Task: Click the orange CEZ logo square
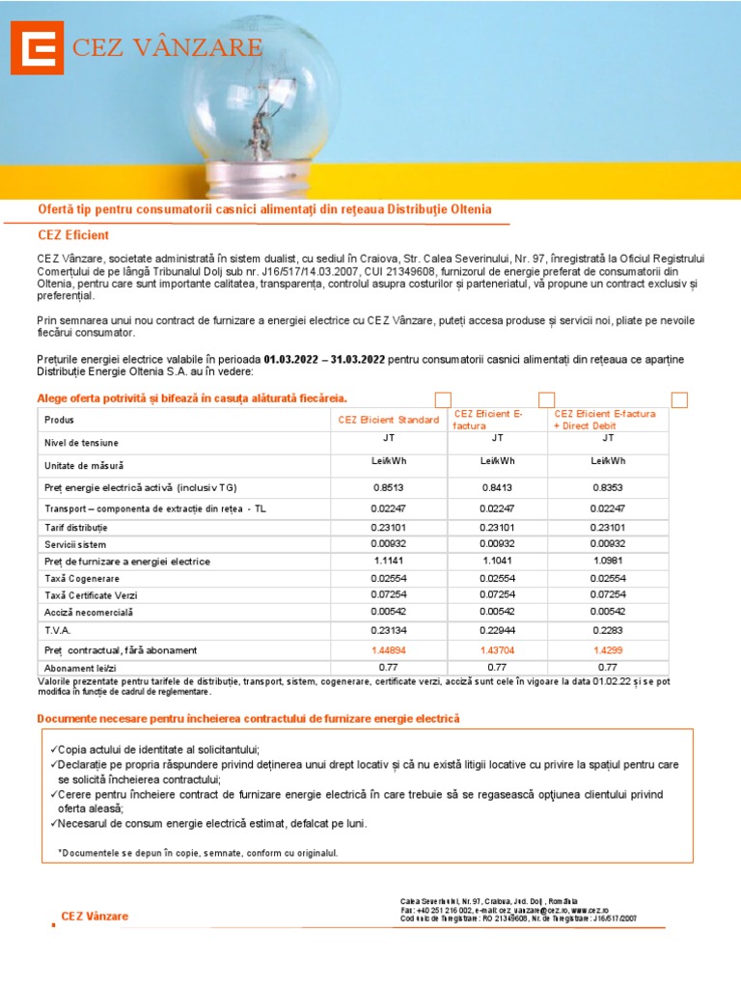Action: tap(37, 47)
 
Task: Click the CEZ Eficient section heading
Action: tap(73, 235)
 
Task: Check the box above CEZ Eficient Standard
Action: tap(443, 400)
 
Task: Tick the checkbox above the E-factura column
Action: tap(546, 400)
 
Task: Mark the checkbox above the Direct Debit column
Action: tap(679, 400)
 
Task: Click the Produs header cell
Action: tap(59, 421)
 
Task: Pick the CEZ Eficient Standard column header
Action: tap(388, 421)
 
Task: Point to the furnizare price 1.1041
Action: tap(497, 561)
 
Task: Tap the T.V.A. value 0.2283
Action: tap(607, 629)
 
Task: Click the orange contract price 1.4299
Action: tap(607, 650)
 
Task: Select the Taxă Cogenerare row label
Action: tap(79, 578)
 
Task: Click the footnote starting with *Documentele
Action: tap(198, 853)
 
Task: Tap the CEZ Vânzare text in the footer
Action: tap(95, 916)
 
